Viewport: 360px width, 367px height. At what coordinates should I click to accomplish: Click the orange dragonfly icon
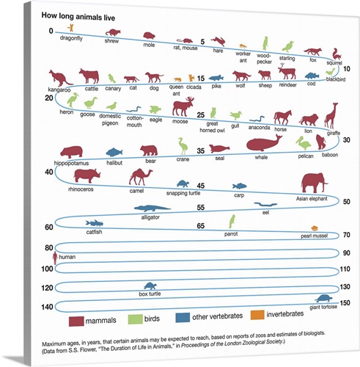tap(71, 28)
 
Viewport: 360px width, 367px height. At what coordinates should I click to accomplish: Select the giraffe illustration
tap(332, 115)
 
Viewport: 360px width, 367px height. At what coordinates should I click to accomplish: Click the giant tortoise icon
tap(323, 299)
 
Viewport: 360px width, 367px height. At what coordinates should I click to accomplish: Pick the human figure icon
tap(54, 258)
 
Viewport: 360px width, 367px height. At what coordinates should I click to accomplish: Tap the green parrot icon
tap(232, 221)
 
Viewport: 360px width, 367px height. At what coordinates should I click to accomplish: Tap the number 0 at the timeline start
tap(51, 31)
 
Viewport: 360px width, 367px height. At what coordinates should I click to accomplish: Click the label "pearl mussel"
tap(317, 237)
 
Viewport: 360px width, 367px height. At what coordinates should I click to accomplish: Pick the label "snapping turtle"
tap(182, 195)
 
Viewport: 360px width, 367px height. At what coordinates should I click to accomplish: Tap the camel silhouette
tap(139, 177)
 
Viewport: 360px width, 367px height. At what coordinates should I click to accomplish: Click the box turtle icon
tap(150, 287)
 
